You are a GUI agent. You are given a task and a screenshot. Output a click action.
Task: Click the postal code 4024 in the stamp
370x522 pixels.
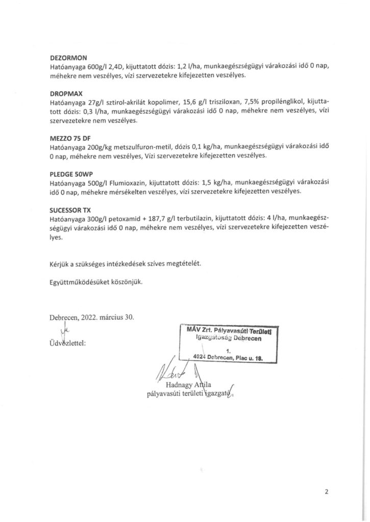pos(194,357)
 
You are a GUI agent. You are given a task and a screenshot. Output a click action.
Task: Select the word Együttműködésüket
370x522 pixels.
pos(82,281)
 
